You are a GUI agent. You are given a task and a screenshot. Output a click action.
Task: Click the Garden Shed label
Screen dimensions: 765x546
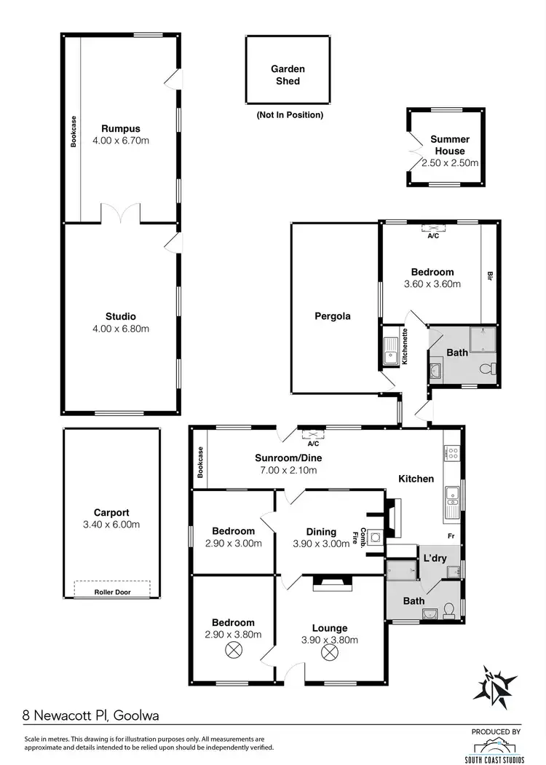(x=288, y=75)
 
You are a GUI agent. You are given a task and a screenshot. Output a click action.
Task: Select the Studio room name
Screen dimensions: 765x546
(x=120, y=316)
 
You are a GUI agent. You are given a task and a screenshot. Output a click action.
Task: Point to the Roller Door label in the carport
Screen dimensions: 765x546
(x=112, y=592)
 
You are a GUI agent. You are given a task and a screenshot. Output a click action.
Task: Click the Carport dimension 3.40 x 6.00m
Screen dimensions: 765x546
(x=111, y=525)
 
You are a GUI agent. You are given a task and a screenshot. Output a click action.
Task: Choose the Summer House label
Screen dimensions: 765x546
(x=449, y=145)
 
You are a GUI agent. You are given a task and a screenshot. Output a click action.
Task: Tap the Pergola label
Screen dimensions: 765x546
(x=333, y=316)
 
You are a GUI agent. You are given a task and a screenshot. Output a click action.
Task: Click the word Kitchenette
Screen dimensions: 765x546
(x=405, y=346)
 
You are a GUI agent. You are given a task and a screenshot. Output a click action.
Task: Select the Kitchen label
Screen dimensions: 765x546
(x=416, y=479)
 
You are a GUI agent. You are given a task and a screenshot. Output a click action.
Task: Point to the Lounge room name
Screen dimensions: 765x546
(x=331, y=628)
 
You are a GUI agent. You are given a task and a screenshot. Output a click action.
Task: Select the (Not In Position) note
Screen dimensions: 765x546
(x=289, y=115)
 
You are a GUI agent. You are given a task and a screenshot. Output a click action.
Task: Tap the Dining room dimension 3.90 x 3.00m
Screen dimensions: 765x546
(x=321, y=544)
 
